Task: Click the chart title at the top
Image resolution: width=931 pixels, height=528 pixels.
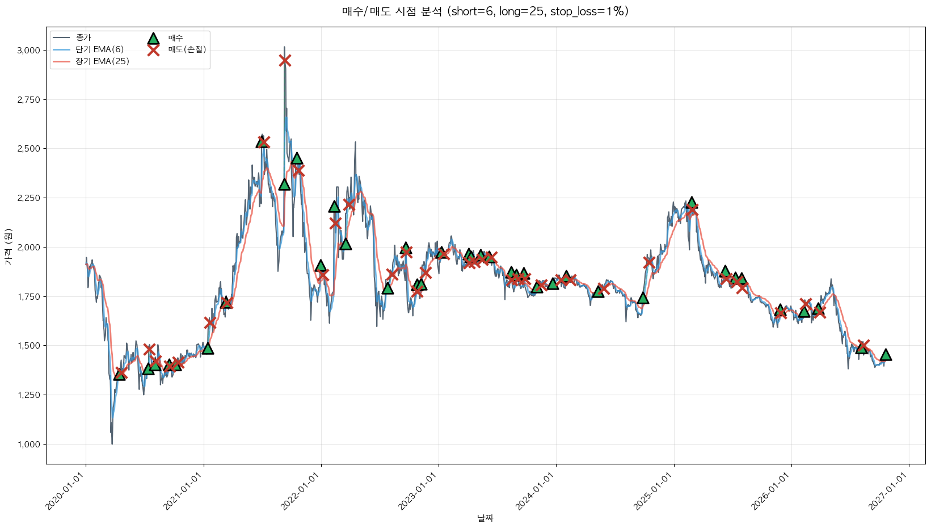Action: pyautogui.click(x=485, y=11)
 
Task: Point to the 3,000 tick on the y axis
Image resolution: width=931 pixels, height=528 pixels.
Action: pyautogui.click(x=29, y=51)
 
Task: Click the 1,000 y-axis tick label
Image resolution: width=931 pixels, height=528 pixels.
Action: pyautogui.click(x=29, y=445)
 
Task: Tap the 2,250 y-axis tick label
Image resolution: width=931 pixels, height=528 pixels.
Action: pyautogui.click(x=29, y=198)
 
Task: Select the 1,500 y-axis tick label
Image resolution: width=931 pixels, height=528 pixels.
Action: pyautogui.click(x=29, y=346)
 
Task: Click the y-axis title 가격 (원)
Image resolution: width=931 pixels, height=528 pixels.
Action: pyautogui.click(x=9, y=247)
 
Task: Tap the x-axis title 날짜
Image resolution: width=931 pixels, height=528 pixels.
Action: pyautogui.click(x=485, y=518)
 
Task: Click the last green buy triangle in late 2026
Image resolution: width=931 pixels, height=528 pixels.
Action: pyautogui.click(x=886, y=355)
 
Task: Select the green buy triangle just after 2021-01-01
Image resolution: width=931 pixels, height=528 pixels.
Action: pyautogui.click(x=208, y=349)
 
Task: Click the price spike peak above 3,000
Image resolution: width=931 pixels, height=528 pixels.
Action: pyautogui.click(x=284, y=47)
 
